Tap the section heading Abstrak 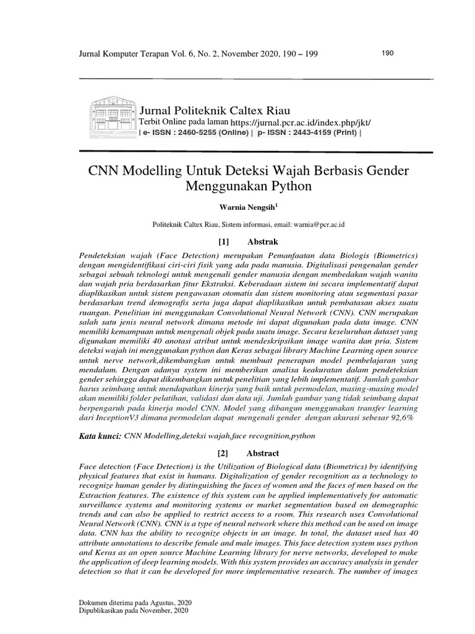click(x=263, y=241)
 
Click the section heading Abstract click(x=262, y=453)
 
